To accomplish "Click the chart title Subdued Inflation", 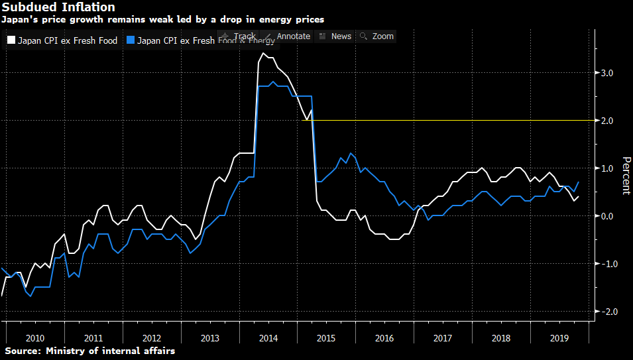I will click(x=58, y=7).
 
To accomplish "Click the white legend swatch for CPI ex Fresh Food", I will click(x=11, y=40).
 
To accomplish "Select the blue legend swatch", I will click(x=131, y=40).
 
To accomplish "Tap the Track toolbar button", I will click(x=239, y=36).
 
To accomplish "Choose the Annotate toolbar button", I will click(x=288, y=36).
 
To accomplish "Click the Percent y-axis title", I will click(x=626, y=176).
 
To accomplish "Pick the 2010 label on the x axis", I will click(x=35, y=337).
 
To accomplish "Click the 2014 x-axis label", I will click(x=268, y=337).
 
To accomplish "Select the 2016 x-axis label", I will click(x=384, y=337).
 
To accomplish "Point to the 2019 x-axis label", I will click(x=559, y=337).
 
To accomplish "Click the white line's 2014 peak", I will click(x=263, y=53).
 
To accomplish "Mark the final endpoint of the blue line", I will click(x=579, y=182).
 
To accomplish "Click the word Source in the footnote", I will click(x=21, y=351).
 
